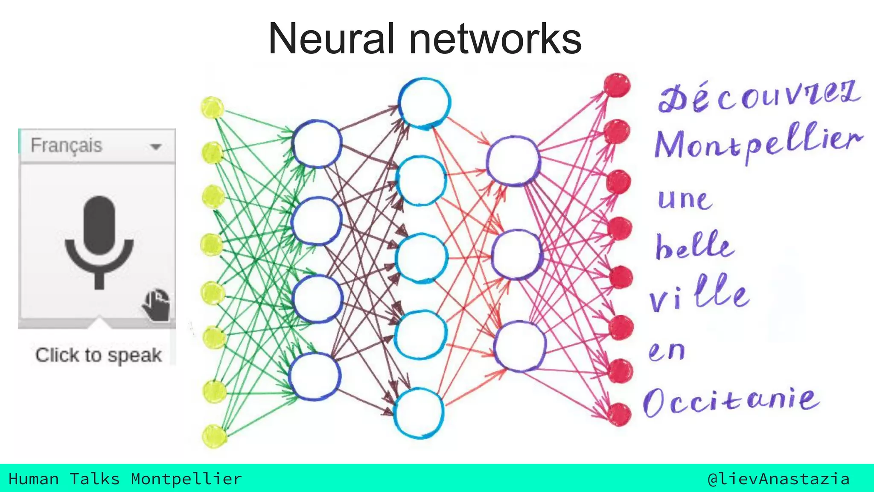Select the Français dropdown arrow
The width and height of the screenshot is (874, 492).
pyautogui.click(x=156, y=146)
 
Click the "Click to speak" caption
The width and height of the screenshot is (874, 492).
pyautogui.click(x=99, y=355)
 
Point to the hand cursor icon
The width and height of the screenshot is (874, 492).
pyautogui.click(x=156, y=305)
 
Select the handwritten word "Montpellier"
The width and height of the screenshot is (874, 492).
pyautogui.click(x=758, y=143)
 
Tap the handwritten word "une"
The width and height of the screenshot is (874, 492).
pyautogui.click(x=685, y=199)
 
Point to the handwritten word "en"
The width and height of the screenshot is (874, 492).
pyautogui.click(x=667, y=351)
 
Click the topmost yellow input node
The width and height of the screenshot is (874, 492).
pyautogui.click(x=212, y=108)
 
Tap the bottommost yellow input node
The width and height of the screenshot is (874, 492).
pyautogui.click(x=214, y=436)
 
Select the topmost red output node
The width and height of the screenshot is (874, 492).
pyautogui.click(x=617, y=85)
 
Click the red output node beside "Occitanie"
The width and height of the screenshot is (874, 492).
pyautogui.click(x=619, y=414)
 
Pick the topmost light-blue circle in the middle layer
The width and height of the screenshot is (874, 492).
pyautogui.click(x=424, y=102)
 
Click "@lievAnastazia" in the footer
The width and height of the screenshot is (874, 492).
pyautogui.click(x=778, y=479)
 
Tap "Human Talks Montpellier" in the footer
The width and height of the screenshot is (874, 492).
pyautogui.click(x=125, y=479)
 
